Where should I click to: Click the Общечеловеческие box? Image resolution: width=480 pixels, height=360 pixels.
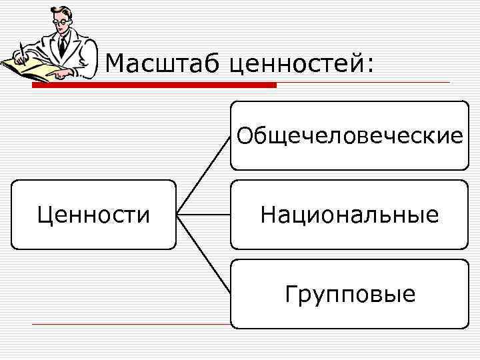point(349,135)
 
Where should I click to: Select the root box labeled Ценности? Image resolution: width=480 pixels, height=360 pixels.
point(94,215)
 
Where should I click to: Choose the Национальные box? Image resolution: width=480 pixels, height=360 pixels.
point(349,215)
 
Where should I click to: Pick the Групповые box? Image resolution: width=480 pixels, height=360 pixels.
point(349,293)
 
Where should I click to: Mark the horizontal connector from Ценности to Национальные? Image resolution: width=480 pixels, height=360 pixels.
point(203,215)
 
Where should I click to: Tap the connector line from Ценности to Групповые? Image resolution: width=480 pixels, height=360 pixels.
point(203,253)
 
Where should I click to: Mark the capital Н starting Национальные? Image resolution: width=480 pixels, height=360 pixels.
point(268,215)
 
